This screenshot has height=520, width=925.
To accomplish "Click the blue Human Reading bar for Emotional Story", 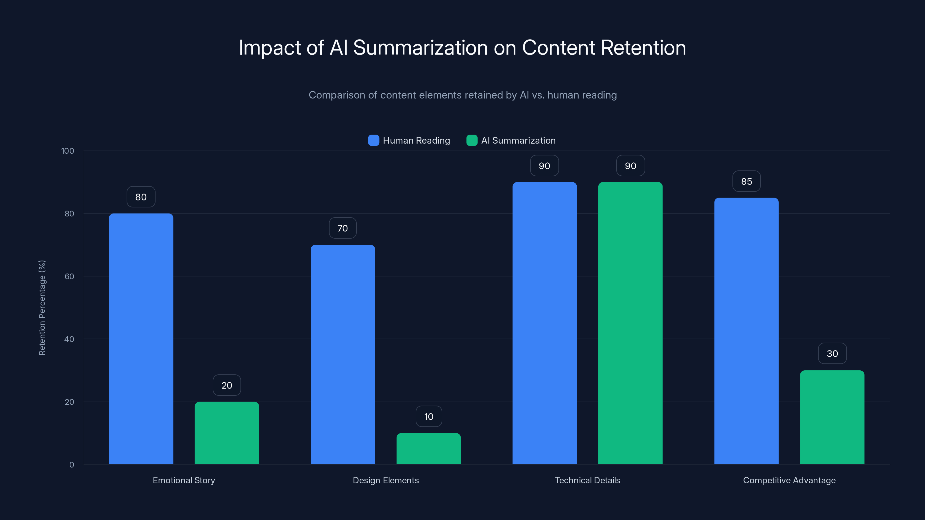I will coord(141,339).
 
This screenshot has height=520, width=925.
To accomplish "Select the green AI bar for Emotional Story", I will coord(227,433).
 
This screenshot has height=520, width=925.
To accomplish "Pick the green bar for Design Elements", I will coord(428,449).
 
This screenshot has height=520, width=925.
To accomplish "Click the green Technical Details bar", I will coord(630,323).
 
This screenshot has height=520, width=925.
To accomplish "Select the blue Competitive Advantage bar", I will coord(746,331).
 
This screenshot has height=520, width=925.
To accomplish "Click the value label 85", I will coord(746,181).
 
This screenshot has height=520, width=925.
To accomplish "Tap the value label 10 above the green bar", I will coord(428,416).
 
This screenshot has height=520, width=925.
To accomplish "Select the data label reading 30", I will coord(832,354).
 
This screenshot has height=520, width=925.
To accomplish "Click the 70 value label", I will coord(343,228).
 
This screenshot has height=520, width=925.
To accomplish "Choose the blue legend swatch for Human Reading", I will coord(373,140).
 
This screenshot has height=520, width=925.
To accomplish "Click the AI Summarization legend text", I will coord(518,140).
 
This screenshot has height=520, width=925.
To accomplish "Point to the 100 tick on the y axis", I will coord(68,151).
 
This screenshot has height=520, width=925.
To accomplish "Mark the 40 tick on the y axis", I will coord(69,339).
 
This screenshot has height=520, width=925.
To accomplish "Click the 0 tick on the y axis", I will coord(71,464).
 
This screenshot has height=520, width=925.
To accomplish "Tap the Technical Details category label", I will coord(587,480).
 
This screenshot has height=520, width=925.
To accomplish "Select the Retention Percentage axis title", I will coord(42,308).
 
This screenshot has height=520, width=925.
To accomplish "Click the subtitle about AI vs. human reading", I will coord(462,95).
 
